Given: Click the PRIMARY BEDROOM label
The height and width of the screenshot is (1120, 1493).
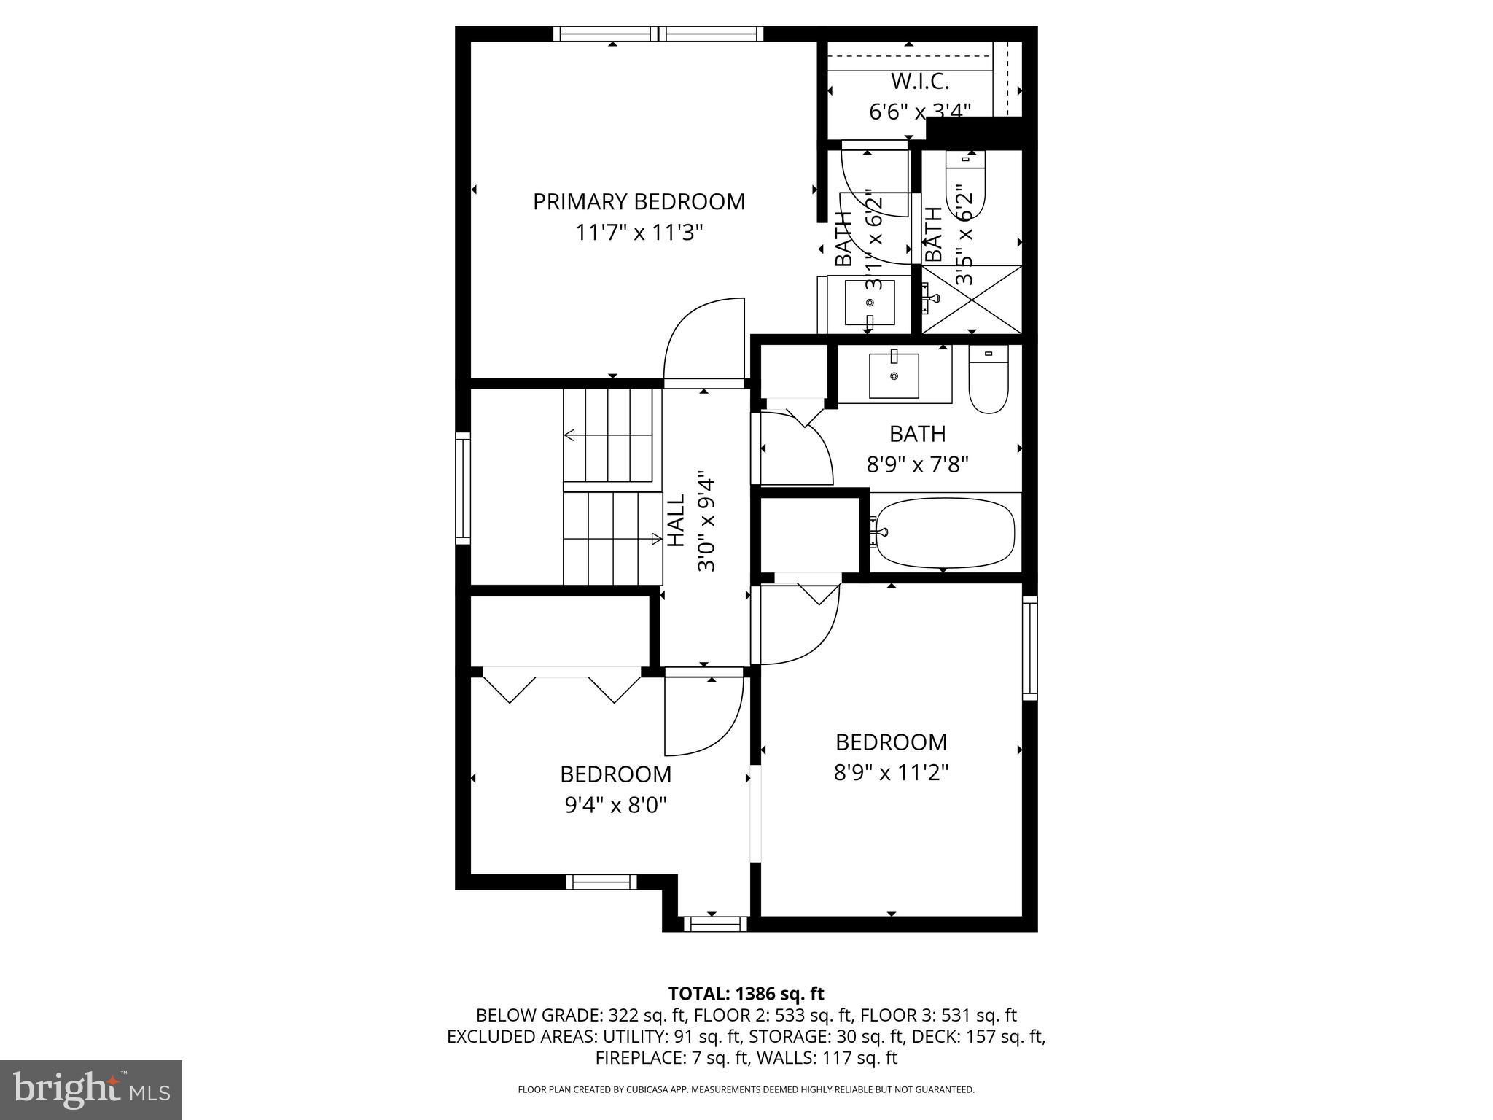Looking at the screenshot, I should (639, 201).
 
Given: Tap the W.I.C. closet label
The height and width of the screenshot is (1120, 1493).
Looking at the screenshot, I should (920, 81).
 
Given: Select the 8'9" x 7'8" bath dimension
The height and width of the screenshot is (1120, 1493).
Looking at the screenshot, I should (917, 464).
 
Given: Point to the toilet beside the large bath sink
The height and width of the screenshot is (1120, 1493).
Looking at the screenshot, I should (988, 379).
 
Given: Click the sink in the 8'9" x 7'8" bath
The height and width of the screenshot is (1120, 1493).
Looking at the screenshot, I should (894, 375).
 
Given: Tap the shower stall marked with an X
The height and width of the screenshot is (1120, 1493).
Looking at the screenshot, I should (972, 300).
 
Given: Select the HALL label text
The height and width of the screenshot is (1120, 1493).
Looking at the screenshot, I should (677, 521).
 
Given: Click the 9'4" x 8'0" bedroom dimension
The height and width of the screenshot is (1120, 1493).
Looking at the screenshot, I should (616, 805).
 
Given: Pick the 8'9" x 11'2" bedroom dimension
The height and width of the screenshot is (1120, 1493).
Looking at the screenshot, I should (891, 772).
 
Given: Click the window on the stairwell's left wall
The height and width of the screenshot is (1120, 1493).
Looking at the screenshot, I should (463, 488).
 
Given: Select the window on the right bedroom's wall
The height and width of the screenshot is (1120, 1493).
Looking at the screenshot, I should (1029, 647).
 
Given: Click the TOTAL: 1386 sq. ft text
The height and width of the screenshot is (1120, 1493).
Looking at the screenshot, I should (746, 993).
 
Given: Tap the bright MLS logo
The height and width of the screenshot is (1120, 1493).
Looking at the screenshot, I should (91, 1089).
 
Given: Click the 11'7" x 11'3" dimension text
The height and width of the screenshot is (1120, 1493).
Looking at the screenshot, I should (639, 233).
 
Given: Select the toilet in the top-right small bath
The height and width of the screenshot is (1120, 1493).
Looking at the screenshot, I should (965, 187).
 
